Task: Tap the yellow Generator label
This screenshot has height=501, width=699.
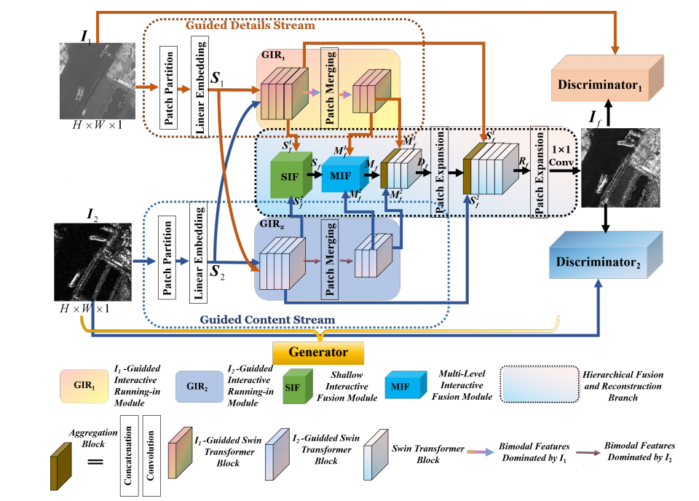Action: tap(317, 352)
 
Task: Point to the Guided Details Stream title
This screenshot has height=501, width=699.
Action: tap(250, 25)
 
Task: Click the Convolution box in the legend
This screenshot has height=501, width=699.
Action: tap(151, 457)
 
